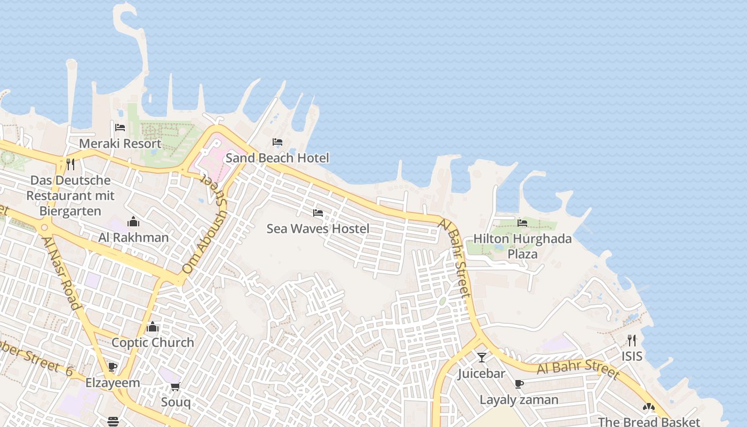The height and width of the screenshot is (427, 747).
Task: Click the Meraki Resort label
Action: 120,144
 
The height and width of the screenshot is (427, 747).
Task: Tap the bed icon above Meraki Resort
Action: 120,128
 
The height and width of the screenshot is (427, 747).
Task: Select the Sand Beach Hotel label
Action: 277,158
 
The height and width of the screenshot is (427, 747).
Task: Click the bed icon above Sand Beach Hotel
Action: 277,142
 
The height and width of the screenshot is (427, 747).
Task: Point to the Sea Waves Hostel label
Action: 317,229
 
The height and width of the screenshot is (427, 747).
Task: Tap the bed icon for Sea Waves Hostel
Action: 318,213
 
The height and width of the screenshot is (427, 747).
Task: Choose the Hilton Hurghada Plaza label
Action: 522,246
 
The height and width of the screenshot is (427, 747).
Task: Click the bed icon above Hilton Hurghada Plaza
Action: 522,223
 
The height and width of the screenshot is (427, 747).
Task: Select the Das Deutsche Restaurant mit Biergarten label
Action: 70,196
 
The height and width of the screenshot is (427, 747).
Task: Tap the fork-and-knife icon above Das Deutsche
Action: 70,164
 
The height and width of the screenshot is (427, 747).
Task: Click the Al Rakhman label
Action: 133,238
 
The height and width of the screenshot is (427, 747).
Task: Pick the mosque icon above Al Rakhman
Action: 133,222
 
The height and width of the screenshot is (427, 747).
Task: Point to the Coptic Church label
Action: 153,343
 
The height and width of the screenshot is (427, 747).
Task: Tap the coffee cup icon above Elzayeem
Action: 113,367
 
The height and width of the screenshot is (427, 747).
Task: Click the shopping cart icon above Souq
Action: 176,386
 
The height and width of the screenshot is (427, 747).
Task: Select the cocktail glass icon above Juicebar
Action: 482,357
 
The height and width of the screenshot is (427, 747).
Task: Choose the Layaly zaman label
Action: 519,400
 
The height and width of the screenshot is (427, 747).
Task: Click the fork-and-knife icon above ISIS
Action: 632,340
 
